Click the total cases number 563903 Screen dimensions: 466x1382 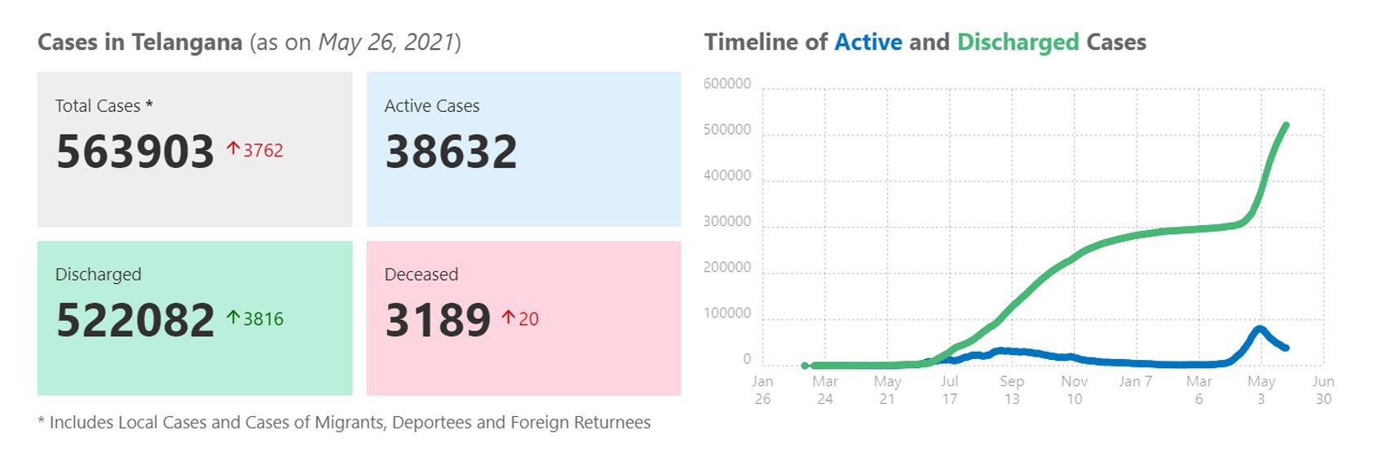[x=135, y=152]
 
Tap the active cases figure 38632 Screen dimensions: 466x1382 [x=451, y=152]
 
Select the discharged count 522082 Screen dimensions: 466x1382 [x=135, y=320]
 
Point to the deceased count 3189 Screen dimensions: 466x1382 [x=438, y=320]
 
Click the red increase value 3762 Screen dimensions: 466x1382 [x=263, y=151]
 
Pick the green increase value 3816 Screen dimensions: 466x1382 [x=263, y=319]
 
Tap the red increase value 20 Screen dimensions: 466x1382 [x=528, y=319]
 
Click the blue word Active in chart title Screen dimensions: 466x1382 [x=868, y=42]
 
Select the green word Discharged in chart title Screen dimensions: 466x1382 [x=1018, y=42]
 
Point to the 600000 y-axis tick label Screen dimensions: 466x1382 [x=726, y=84]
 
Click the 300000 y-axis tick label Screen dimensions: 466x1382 [x=726, y=222]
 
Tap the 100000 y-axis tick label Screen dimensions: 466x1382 [x=726, y=313]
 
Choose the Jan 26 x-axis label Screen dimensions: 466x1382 [x=762, y=390]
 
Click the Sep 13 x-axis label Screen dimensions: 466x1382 [x=1012, y=390]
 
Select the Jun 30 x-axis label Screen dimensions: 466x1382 [x=1323, y=390]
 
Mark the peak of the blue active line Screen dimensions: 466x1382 [x=1260, y=329]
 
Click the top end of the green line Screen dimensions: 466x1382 [x=1286, y=126]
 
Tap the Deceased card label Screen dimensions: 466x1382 [x=421, y=274]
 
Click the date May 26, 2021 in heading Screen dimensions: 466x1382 [x=386, y=42]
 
